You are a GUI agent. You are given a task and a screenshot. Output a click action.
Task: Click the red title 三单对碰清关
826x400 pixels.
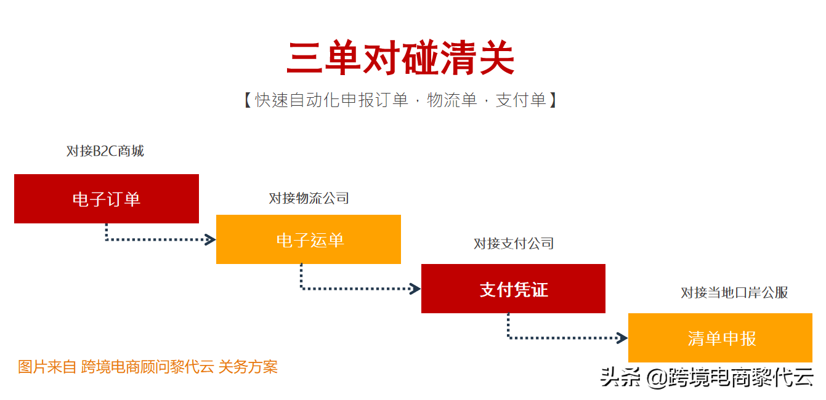[400, 59]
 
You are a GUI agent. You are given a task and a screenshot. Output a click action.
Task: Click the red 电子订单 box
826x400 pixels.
[107, 199]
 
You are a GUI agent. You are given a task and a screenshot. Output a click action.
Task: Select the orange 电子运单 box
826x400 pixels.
[309, 239]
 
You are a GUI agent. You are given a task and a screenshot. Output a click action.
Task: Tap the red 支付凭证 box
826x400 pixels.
[513, 289]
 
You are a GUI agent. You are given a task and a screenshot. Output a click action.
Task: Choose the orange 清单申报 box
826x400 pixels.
[720, 338]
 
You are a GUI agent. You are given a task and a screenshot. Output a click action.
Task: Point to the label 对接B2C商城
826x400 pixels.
[105, 151]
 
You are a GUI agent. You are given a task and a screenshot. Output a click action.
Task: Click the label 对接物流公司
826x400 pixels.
[309, 198]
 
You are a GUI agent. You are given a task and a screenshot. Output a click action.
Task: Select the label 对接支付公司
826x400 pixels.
[513, 244]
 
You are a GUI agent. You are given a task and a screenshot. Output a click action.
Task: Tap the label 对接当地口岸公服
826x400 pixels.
[734, 292]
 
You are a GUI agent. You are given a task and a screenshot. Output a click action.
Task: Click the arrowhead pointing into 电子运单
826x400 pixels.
[211, 239]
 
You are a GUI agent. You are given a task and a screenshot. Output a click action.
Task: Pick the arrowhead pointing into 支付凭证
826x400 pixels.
[416, 288]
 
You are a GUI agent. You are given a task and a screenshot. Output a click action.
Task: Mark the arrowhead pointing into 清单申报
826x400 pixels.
[623, 337]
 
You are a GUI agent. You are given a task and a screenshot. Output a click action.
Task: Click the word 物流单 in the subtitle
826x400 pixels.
[452, 100]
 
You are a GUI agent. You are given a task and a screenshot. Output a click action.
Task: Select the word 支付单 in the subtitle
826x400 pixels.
[521, 100]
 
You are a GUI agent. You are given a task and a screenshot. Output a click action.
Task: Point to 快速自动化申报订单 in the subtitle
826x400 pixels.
[332, 100]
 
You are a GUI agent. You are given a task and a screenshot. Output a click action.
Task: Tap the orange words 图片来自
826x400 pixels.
[47, 367]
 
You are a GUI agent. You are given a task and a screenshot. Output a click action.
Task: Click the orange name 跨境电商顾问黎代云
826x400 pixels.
[148, 367]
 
